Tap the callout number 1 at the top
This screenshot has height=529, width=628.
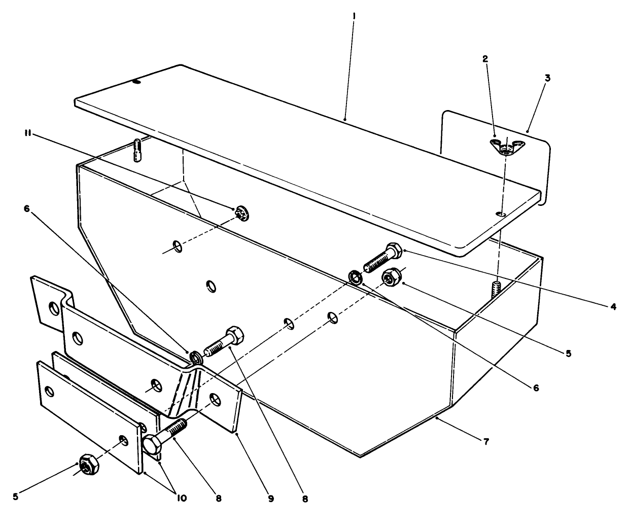(x=354, y=16)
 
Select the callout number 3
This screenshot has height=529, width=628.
(x=547, y=78)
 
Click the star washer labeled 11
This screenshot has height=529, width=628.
(x=241, y=214)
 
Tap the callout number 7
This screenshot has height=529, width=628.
(x=485, y=442)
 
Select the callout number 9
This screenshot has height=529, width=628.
(x=270, y=499)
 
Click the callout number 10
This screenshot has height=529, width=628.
(x=181, y=498)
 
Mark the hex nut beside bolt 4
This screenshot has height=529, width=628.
(x=392, y=277)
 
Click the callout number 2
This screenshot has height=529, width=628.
(x=485, y=59)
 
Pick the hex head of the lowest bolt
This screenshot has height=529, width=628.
(x=152, y=445)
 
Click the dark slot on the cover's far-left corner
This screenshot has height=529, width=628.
(x=135, y=81)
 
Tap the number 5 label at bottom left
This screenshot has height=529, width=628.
(x=16, y=497)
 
